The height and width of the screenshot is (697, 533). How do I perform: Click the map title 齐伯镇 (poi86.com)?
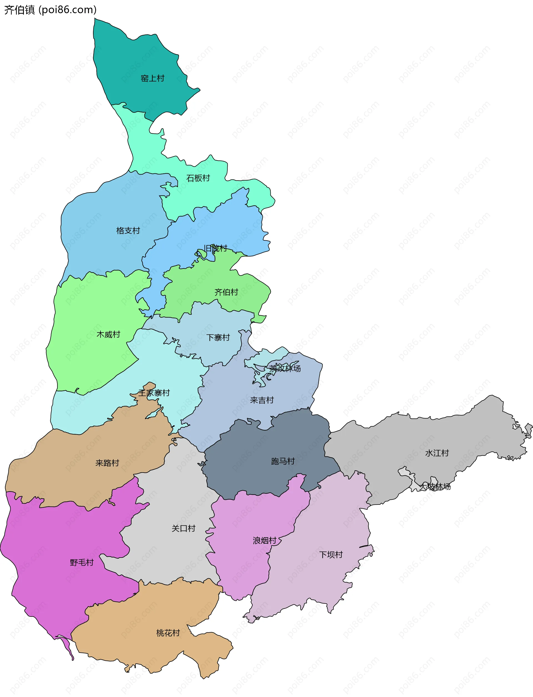click(50, 10)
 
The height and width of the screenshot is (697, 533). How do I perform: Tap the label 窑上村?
click(152, 78)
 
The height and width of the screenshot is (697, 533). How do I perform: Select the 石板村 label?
click(198, 178)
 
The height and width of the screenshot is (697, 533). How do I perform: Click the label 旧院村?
click(215, 248)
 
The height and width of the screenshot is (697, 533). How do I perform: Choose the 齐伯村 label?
click(226, 292)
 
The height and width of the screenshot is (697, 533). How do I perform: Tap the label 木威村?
click(108, 334)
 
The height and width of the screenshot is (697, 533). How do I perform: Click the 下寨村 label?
click(218, 338)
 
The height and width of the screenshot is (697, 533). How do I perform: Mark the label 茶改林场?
click(285, 368)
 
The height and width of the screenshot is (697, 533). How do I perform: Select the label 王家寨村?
click(154, 393)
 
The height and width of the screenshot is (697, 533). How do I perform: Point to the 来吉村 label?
click(262, 400)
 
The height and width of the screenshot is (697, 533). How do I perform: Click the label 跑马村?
click(283, 461)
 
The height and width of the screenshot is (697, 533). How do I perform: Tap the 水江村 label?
click(437, 453)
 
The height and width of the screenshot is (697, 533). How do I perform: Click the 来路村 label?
click(107, 463)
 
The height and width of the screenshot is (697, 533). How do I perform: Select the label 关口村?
click(183, 528)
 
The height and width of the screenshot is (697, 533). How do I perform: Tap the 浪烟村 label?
click(265, 541)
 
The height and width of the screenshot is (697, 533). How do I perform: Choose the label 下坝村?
click(331, 554)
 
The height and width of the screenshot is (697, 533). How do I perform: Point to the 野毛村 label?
click(82, 563)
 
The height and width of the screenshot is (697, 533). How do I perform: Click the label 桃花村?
click(168, 633)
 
